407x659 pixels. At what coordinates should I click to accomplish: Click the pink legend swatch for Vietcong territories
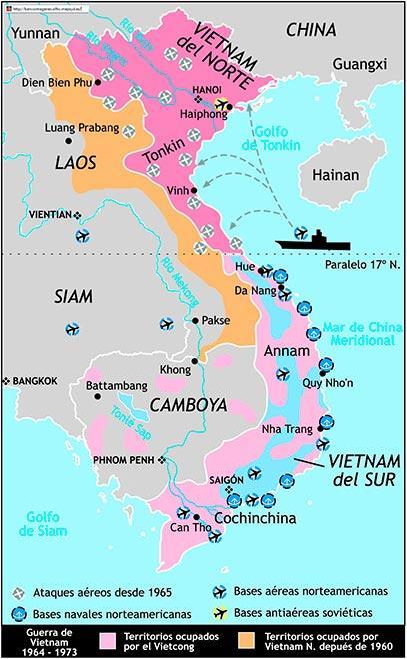click(114, 636)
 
